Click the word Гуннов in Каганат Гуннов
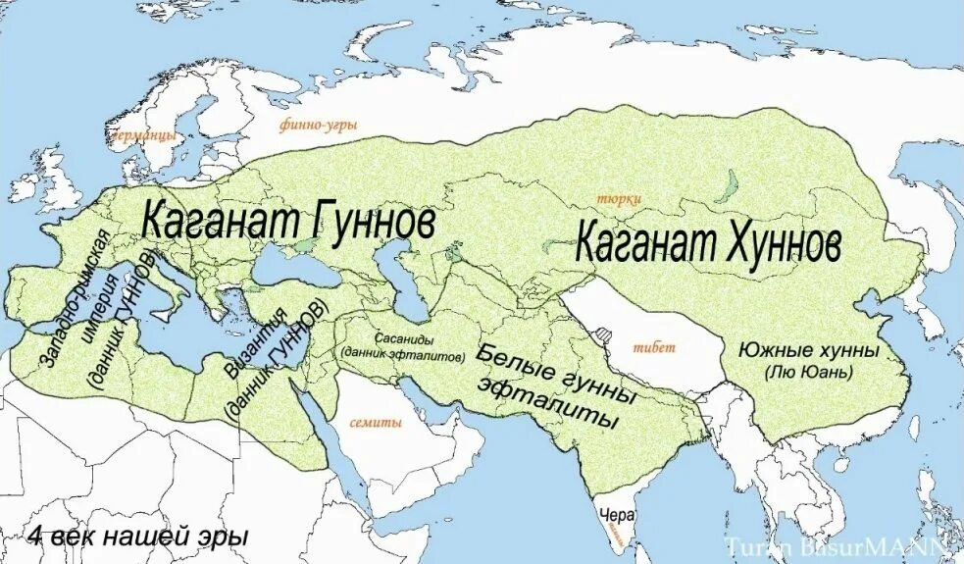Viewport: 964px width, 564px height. (362, 223)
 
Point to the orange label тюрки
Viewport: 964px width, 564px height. (611, 198)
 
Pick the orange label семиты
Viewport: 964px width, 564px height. (376, 424)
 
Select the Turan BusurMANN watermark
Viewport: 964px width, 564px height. (836, 546)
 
